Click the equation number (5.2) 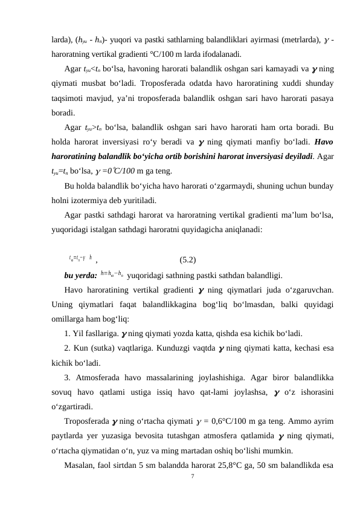point(188,244)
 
